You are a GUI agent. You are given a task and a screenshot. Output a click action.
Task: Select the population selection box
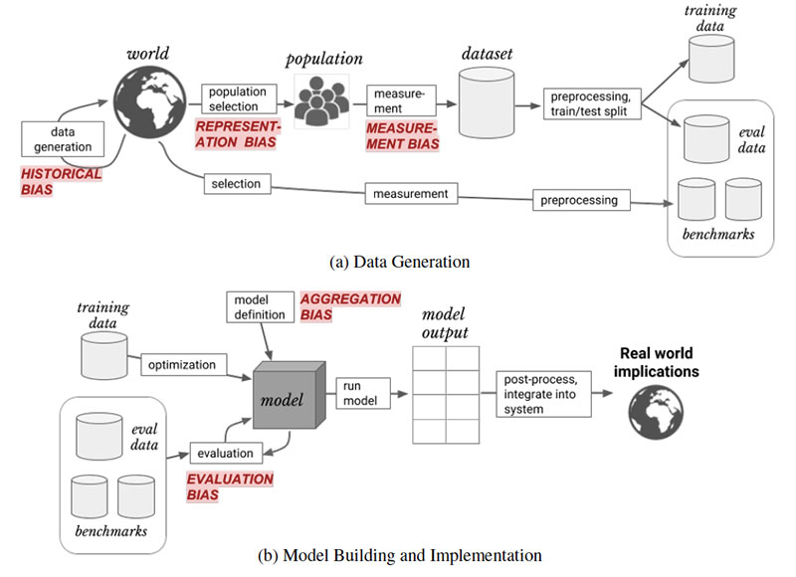(x=233, y=98)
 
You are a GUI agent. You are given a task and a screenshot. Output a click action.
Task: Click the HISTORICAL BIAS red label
(x=62, y=180)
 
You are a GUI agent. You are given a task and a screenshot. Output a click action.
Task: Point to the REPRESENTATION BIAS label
(x=238, y=135)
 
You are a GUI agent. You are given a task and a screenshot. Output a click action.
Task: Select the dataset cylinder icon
(x=485, y=102)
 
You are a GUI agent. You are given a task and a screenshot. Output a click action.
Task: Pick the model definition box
(x=259, y=307)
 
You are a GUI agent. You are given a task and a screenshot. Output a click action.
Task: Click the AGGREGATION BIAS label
(x=350, y=306)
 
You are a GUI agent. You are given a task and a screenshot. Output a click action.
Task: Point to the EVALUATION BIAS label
(x=230, y=486)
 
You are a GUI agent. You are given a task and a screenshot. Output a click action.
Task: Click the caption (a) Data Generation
(x=400, y=263)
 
